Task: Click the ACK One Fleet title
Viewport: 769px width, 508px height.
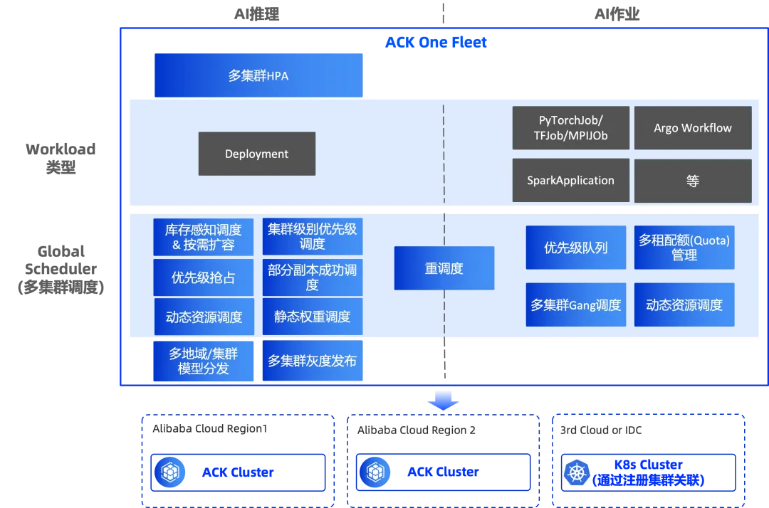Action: tap(436, 42)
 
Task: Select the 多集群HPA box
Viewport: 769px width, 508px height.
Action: tap(258, 75)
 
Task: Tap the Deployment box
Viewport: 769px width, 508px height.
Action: tap(256, 154)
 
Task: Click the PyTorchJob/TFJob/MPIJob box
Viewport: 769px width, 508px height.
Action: tap(571, 128)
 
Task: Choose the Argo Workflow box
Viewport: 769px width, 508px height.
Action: tap(692, 128)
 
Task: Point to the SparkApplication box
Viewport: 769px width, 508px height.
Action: tap(571, 181)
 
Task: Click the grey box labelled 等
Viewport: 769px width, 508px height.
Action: tap(692, 181)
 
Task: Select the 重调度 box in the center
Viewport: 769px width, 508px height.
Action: tap(444, 268)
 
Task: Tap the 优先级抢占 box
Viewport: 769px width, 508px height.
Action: tap(204, 277)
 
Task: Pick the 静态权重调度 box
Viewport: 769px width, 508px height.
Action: tap(312, 317)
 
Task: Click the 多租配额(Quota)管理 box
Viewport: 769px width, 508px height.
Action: tap(684, 248)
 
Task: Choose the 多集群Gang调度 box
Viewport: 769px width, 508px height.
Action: tap(575, 305)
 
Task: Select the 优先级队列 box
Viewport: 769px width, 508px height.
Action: tap(575, 248)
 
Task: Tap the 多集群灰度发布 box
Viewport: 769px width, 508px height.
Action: tap(312, 361)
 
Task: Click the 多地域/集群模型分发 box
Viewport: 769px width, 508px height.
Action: tap(204, 361)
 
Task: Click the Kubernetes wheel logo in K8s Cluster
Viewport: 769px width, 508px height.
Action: tap(577, 472)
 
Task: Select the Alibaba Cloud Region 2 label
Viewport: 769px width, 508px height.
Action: tap(417, 430)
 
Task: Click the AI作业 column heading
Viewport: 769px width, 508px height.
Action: tap(617, 14)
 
